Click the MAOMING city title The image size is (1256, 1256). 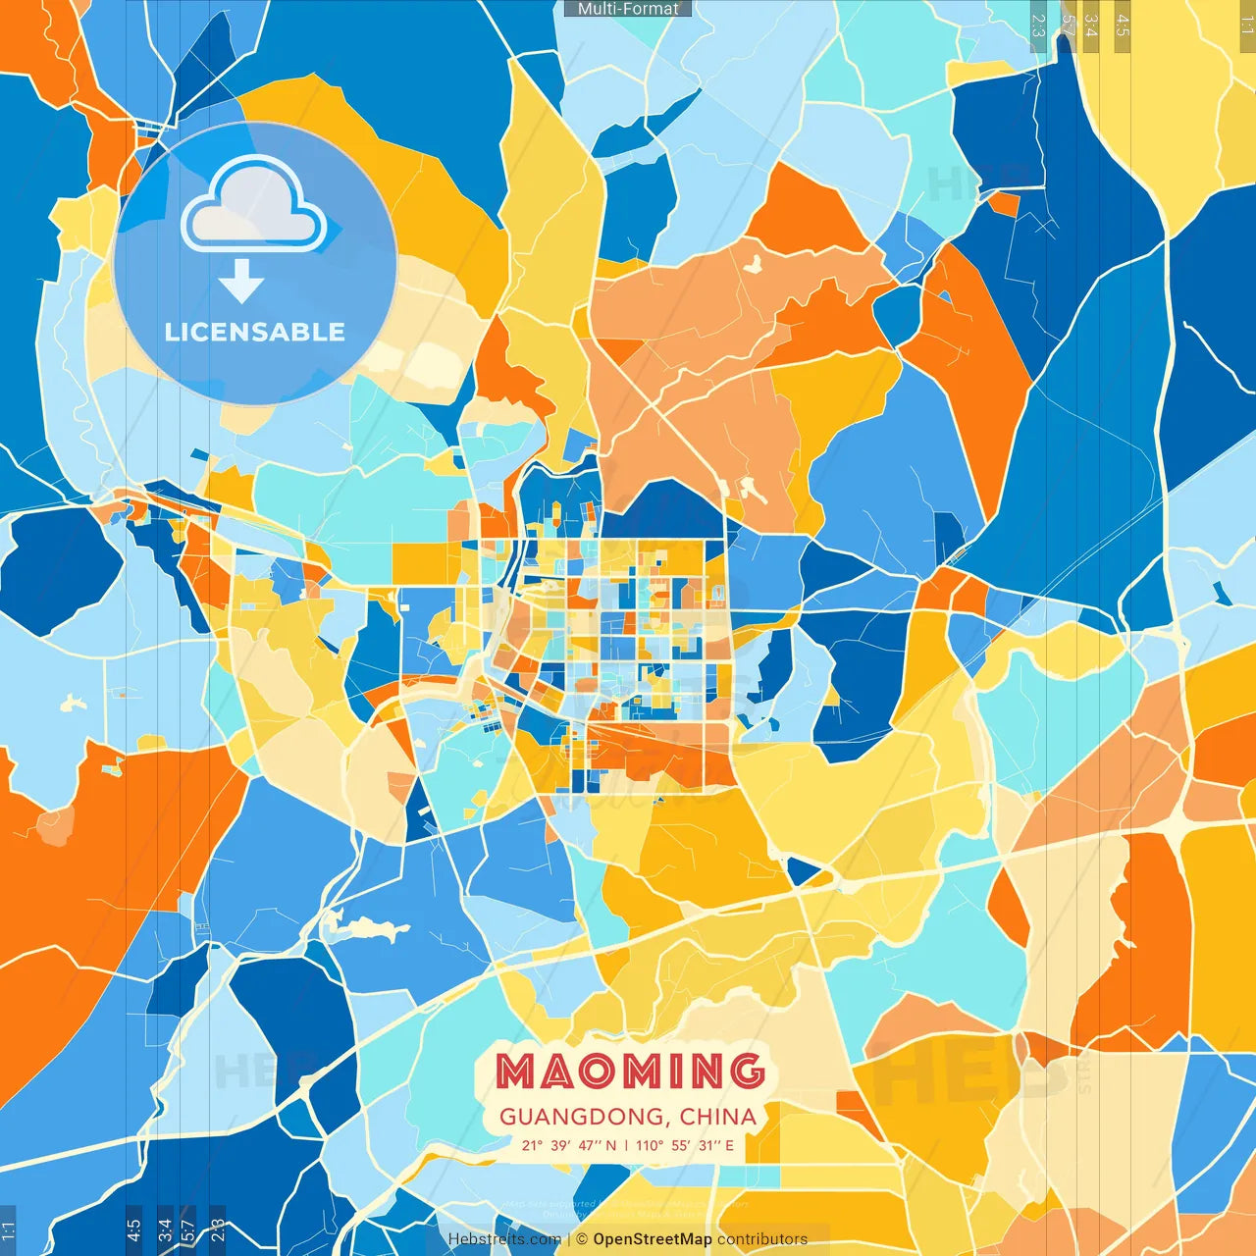(629, 1071)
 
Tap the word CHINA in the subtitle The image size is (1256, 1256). (717, 1117)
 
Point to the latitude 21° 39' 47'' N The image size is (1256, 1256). (569, 1145)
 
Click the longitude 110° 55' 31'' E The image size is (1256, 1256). (684, 1145)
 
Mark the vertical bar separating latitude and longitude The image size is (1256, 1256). (626, 1145)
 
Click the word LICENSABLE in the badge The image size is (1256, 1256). (255, 332)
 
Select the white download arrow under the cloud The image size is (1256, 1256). (241, 282)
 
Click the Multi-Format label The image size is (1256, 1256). (628, 9)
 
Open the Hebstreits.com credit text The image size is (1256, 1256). (504, 1239)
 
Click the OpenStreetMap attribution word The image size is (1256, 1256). (653, 1239)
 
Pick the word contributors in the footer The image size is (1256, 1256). (762, 1239)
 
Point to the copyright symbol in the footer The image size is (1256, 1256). (581, 1239)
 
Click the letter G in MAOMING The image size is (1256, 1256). (747, 1071)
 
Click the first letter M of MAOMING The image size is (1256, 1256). (515, 1071)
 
